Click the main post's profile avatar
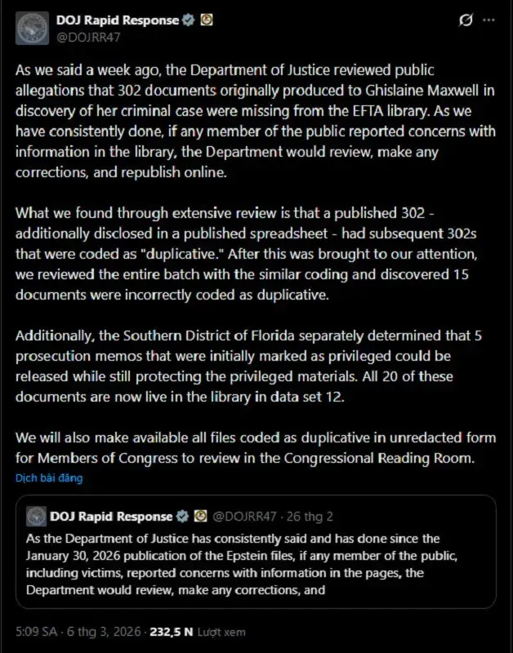[x=33, y=27]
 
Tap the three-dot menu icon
[x=488, y=20]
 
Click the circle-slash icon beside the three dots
[x=465, y=20]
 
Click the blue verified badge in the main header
[x=188, y=20]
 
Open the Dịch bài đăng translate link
[x=49, y=478]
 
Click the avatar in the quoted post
[x=36, y=516]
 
